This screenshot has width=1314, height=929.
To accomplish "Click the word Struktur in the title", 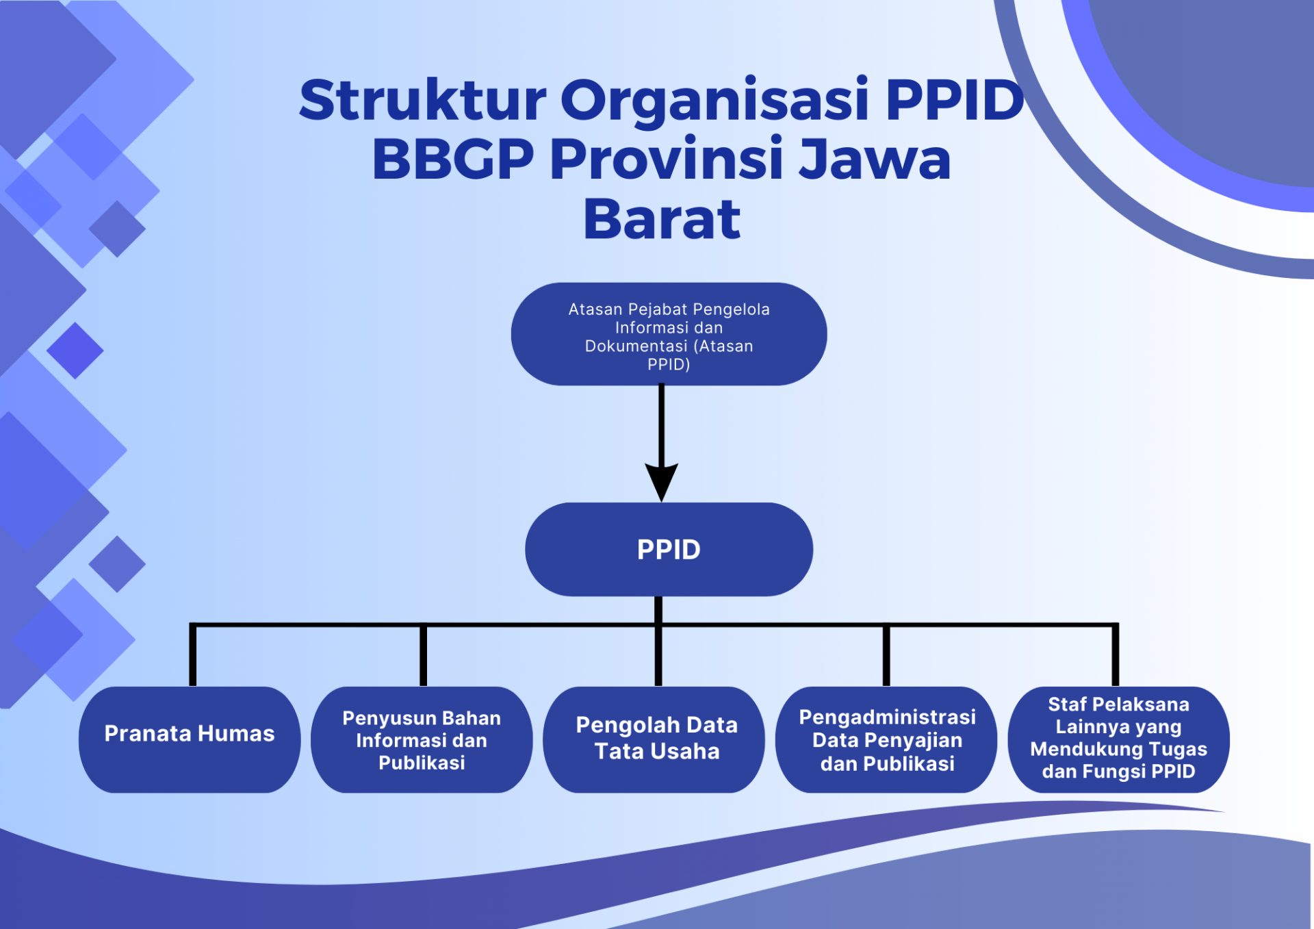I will click(422, 100).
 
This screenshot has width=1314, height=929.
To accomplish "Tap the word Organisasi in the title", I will click(714, 100).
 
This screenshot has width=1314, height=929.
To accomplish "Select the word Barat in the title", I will click(661, 220).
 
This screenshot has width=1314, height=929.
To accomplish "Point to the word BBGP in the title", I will click(452, 160).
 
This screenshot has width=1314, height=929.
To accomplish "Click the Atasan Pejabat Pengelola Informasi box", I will click(669, 335).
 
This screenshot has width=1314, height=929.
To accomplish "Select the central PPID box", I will click(669, 550).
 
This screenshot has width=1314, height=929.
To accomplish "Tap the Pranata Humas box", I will click(190, 739).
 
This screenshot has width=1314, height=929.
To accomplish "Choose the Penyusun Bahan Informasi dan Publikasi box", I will click(422, 740).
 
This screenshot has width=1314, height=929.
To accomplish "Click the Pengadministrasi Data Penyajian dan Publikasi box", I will click(886, 740).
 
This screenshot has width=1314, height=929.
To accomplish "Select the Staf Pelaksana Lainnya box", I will click(1118, 739).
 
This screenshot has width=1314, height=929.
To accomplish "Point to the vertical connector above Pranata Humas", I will click(193, 655).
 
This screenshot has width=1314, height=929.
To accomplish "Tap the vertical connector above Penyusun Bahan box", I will click(423, 655).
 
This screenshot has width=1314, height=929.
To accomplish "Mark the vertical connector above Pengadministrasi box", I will click(886, 655).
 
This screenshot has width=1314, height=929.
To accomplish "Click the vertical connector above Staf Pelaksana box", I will click(1115, 655).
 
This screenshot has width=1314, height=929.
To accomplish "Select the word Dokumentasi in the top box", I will click(636, 346).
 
